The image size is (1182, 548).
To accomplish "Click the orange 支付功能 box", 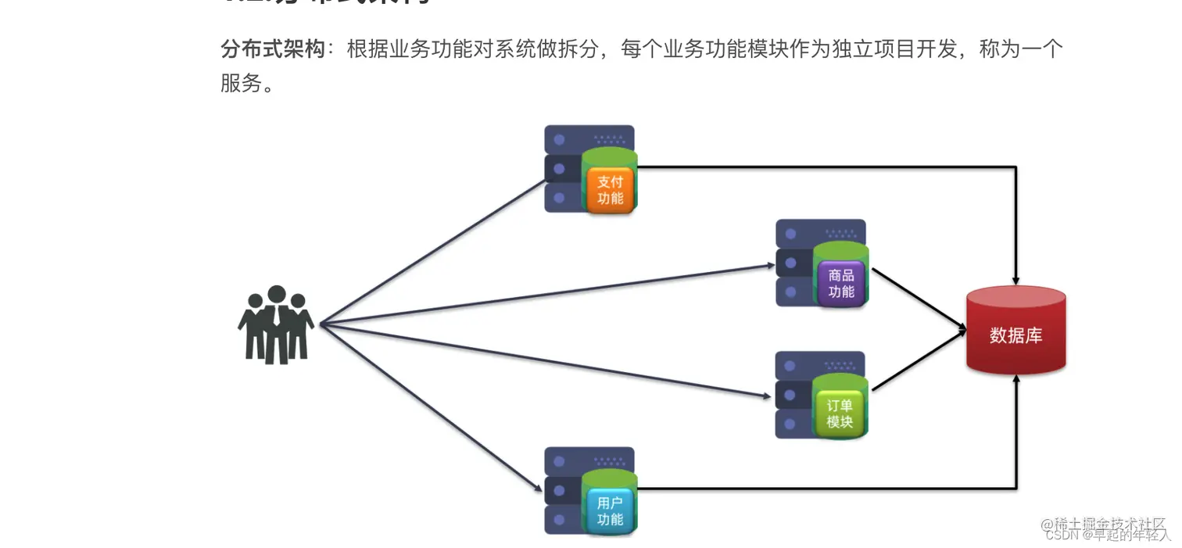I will pos(611,190).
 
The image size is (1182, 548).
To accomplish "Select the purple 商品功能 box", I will pos(841,284).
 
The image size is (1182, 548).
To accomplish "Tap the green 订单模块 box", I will pos(840,414).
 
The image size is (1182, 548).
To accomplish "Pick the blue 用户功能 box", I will pos(610,511).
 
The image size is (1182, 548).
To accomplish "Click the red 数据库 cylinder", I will pos(1015,331).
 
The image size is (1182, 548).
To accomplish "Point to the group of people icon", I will pos(276,325).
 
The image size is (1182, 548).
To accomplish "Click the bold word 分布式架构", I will pos(272,50).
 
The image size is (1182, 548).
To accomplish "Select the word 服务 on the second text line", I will pos(240,84).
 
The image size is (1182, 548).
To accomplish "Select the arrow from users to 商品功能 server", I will pos(547,295).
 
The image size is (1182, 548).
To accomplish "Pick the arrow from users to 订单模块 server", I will pos(547,360).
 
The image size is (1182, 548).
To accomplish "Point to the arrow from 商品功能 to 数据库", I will pos(919,299).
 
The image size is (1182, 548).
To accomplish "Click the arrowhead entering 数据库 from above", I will pos(1015,278).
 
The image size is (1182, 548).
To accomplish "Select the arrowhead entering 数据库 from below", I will pos(1015,380).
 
